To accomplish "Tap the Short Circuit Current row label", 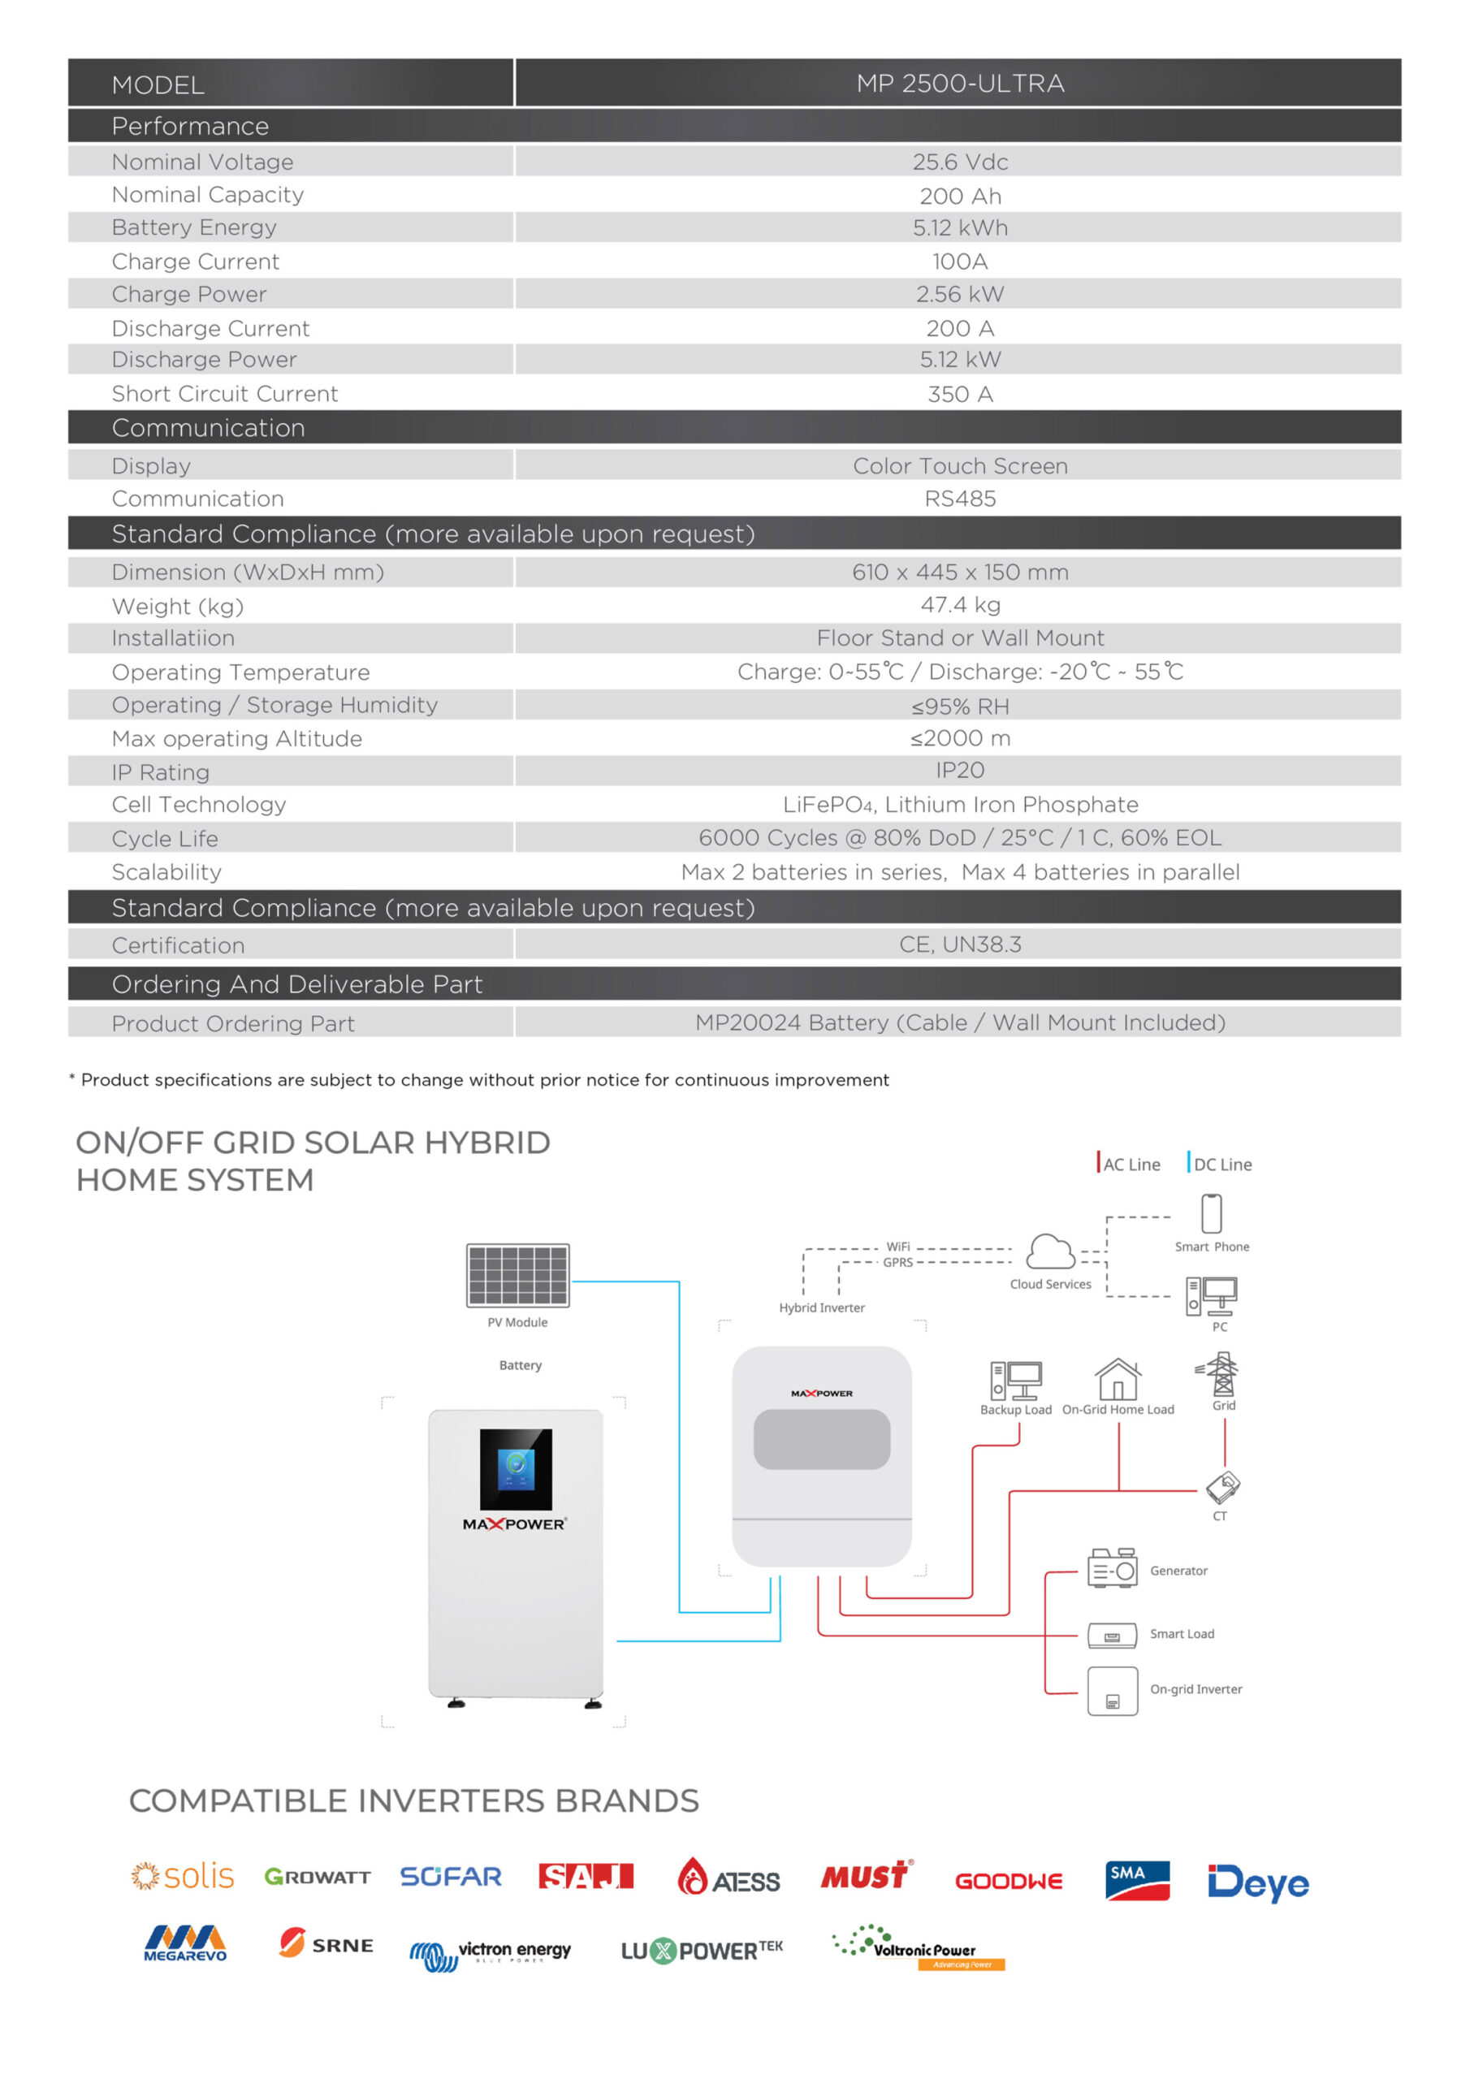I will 225,394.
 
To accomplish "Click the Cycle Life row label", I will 165,838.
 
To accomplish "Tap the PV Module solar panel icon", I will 517,1275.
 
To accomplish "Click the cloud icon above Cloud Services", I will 1050,1252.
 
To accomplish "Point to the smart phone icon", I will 1211,1213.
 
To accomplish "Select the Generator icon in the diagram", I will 1112,1568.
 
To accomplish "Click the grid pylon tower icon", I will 1221,1375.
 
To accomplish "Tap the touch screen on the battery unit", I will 516,1469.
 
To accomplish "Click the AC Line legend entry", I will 1129,1165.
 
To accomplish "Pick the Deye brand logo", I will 1257,1882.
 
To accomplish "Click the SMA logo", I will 1137,1880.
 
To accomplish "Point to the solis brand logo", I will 182,1876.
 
